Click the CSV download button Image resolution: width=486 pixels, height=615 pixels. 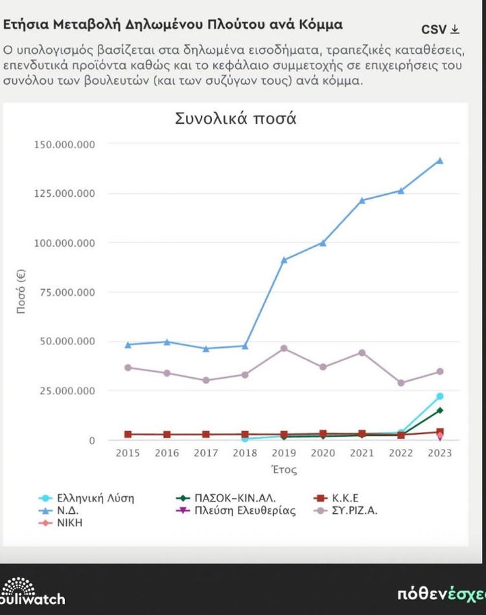point(440,29)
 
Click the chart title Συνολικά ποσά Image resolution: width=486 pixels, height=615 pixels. point(235,118)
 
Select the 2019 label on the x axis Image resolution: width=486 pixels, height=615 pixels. point(284,453)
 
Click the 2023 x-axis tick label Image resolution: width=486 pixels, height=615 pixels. point(440,453)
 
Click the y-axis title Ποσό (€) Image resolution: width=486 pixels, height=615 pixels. point(21,291)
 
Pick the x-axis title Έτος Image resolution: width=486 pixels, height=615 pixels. point(284,470)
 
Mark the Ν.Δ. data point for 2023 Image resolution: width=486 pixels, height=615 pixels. point(440,161)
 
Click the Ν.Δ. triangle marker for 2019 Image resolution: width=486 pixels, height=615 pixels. point(284,260)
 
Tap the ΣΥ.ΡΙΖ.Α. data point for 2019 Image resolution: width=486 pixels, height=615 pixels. point(284,348)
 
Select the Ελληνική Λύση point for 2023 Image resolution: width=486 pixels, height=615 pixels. point(440,396)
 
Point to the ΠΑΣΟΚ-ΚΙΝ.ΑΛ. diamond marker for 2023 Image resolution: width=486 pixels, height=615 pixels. point(440,410)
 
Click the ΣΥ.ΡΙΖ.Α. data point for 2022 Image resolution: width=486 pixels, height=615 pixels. point(401,383)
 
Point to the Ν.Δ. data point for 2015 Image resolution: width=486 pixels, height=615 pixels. point(128,344)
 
